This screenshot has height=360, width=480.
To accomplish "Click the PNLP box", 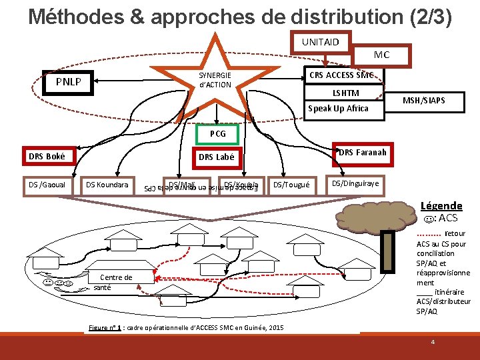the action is pyautogui.click(x=69, y=82).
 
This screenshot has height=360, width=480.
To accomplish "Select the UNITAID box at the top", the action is pyautogui.click(x=320, y=42).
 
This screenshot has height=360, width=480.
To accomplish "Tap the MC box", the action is pyautogui.click(x=381, y=55).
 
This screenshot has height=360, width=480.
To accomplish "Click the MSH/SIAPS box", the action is pyautogui.click(x=424, y=101).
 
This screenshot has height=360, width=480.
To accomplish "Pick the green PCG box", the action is pyautogui.click(x=217, y=134).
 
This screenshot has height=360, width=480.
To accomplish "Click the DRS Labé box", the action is pyautogui.click(x=215, y=157).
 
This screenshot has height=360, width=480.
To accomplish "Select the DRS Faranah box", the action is pyautogui.click(x=361, y=153).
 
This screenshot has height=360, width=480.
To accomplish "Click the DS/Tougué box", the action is pyautogui.click(x=292, y=185).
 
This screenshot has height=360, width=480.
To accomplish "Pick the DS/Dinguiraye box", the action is pyautogui.click(x=355, y=183).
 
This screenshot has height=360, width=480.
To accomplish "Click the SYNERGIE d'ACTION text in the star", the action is pyautogui.click(x=215, y=80).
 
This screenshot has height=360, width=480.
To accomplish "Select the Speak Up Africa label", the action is pyautogui.click(x=338, y=109).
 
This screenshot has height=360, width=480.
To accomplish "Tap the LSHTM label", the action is pyautogui.click(x=345, y=93).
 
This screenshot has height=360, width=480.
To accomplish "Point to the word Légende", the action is pyautogui.click(x=441, y=205).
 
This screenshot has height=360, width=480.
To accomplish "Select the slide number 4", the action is pyautogui.click(x=433, y=342).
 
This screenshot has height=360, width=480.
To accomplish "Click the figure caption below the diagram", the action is pyautogui.click(x=186, y=327).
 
